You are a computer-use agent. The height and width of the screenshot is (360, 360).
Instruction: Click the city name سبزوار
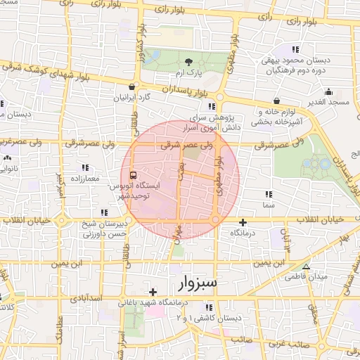pos(195,283)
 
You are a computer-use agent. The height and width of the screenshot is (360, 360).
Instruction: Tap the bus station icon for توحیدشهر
pos(133,175)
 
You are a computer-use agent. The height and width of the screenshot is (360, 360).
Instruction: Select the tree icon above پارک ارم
pos(188,63)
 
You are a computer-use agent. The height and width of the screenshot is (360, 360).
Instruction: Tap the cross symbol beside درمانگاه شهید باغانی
pos(153,291)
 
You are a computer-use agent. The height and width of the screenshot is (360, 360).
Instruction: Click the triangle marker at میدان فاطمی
pos(305,266)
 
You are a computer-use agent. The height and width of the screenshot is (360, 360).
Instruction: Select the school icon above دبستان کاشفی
pos(208,307)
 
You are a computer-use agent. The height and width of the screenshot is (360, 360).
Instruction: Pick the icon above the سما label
pos(268,193)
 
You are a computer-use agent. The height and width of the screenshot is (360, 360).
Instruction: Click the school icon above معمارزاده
pos(85,167)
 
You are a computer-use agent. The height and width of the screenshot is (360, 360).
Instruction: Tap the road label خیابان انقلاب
pos(323,219)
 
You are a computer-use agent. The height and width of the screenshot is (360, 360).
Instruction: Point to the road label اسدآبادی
pos(87,298)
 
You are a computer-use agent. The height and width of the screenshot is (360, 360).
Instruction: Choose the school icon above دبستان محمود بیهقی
pos(295,49)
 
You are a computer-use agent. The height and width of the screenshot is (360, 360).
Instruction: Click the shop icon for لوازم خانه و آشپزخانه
pos(276,101)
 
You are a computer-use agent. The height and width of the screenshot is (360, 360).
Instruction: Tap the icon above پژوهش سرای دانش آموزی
pos(212,106)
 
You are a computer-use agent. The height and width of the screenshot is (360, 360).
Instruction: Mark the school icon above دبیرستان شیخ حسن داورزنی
pos(105,212)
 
